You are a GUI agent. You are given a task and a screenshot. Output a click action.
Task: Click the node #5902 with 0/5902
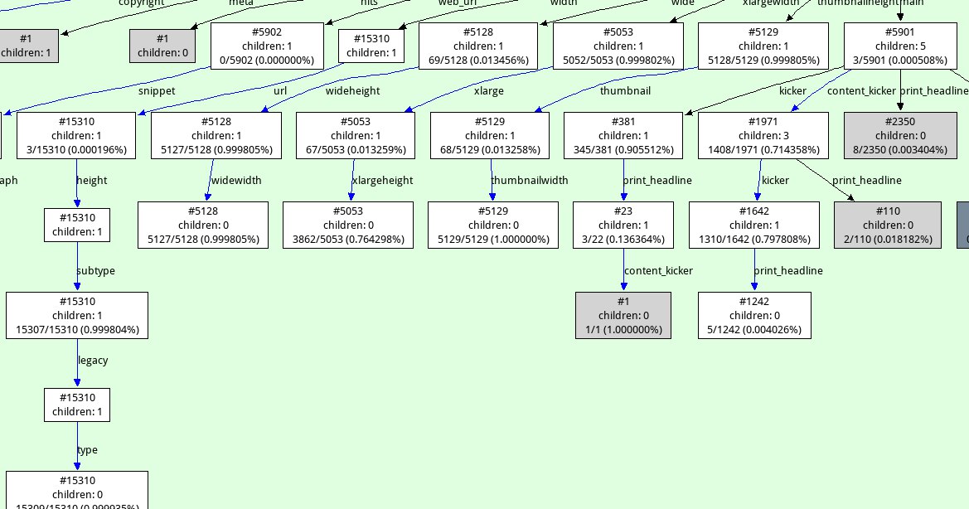tap(268, 46)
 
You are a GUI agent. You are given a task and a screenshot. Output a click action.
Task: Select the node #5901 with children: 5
tap(900, 46)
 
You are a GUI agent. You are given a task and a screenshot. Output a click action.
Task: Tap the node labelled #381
tap(623, 136)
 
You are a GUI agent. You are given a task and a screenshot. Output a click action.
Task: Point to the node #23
tap(623, 225)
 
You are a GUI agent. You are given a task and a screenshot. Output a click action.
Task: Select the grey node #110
tap(887, 225)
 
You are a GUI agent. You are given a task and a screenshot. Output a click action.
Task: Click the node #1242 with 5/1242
tap(753, 315)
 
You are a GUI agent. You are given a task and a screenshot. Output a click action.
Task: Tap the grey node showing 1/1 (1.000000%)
tap(623, 315)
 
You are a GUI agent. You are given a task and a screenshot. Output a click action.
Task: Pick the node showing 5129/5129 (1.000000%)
tap(492, 225)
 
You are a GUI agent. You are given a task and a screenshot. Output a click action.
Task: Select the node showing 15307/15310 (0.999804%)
tap(77, 315)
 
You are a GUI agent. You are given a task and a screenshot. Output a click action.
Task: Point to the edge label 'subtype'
tap(95, 271)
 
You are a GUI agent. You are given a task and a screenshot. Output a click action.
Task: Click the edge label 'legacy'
tap(93, 361)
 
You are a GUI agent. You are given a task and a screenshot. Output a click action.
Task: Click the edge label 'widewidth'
tap(238, 181)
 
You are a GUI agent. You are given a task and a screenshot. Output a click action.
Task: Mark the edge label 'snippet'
tap(155, 91)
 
